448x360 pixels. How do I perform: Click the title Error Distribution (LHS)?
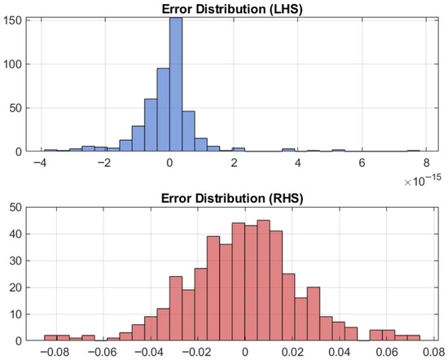[232, 9]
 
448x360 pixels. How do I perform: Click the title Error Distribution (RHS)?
[232, 198]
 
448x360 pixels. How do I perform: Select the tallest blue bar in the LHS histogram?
[176, 84]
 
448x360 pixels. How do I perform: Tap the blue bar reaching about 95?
[164, 110]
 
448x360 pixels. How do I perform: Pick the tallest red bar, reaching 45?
[263, 280]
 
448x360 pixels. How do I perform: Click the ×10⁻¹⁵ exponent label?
[423, 181]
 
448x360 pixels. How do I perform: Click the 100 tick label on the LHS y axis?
[12, 64]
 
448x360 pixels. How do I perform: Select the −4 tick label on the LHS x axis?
[40, 163]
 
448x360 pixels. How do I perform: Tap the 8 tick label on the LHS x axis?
[426, 163]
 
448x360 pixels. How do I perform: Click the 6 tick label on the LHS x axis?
[362, 163]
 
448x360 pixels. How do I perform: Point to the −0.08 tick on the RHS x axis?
[55, 352]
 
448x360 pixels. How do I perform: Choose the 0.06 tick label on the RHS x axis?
[387, 352]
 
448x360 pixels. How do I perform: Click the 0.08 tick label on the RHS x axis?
[435, 352]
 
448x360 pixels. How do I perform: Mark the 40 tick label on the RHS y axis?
[15, 235]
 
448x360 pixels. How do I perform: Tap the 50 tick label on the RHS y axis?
[15, 208]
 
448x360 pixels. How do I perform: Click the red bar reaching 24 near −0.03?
[176, 309]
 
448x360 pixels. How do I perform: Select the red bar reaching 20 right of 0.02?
[314, 314]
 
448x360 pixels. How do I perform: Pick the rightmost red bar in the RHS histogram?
[414, 338]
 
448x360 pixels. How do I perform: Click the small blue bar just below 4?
[288, 150]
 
